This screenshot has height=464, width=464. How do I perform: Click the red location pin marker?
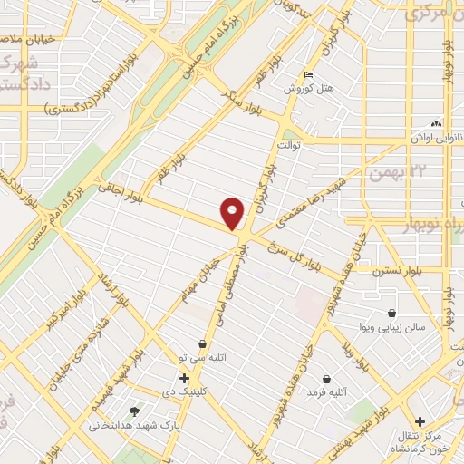(234, 213)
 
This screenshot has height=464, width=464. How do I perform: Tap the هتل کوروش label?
(286, 90)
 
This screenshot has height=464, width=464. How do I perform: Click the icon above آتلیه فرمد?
(325, 378)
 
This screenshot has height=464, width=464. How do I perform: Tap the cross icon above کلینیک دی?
(184, 378)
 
